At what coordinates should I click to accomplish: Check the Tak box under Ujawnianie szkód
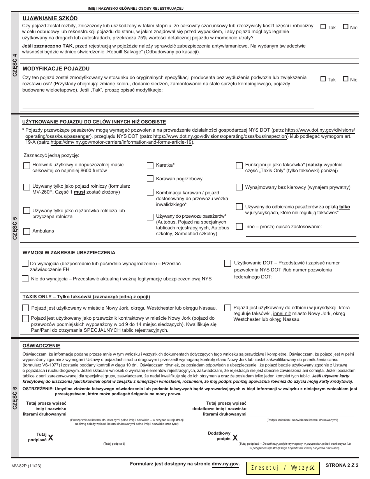pyautogui.click(x=323, y=27)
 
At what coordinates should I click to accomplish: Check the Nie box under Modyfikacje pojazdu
pyautogui.click(x=345, y=79)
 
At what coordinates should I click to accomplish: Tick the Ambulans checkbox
pyautogui.click(x=27, y=231)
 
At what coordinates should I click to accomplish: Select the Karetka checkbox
pyautogui.click(x=150, y=166)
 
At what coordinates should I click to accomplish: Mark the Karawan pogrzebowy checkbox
pyautogui.click(x=150, y=179)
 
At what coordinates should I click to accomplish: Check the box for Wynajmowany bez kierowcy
pyautogui.click(x=239, y=187)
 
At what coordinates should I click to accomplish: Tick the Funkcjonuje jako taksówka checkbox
pyautogui.click(x=239, y=166)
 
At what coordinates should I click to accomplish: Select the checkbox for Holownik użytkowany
pyautogui.click(x=27, y=166)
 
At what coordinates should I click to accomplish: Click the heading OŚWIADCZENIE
pyautogui.click(x=41, y=345)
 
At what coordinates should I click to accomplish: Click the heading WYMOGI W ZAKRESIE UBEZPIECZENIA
pyautogui.click(x=69, y=252)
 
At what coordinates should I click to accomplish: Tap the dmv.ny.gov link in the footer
pyautogui.click(x=225, y=464)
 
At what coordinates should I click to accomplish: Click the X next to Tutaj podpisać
pyautogui.click(x=51, y=438)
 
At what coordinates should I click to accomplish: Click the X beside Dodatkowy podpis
pyautogui.click(x=235, y=438)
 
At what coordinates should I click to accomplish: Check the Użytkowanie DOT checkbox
pyautogui.click(x=227, y=263)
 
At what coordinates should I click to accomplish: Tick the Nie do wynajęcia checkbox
pyautogui.click(x=25, y=279)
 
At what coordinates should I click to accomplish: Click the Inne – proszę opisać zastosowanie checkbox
pyautogui.click(x=239, y=227)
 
